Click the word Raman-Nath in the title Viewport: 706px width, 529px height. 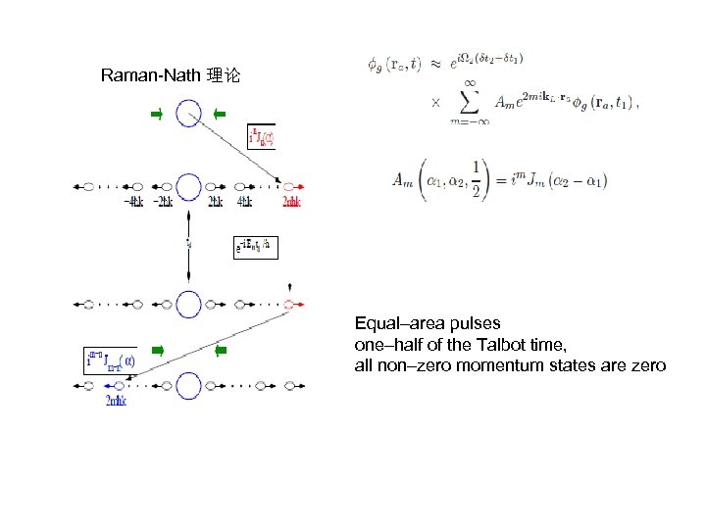(150, 75)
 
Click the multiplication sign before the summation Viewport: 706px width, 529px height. (436, 101)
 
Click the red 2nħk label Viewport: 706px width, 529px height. (291, 203)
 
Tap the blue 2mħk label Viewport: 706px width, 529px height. (116, 401)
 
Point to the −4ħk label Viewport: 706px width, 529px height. (134, 203)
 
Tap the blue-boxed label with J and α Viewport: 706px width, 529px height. (110, 360)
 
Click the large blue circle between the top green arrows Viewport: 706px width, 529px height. (188, 115)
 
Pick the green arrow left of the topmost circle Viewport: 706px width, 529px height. (157, 115)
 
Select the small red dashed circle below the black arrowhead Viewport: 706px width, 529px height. (289, 304)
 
